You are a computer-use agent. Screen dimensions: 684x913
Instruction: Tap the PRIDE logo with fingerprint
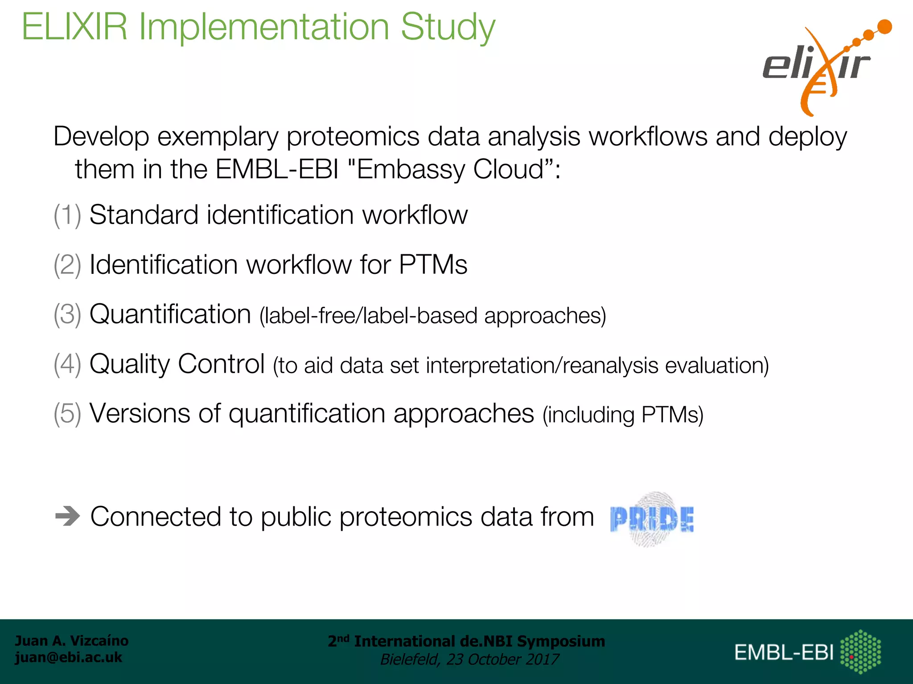click(652, 519)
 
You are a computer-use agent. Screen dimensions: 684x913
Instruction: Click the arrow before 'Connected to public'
click(67, 517)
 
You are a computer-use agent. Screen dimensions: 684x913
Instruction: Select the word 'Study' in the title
click(448, 28)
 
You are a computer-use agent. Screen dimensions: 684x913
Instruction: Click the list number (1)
click(67, 215)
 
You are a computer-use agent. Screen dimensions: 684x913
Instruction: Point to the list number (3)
click(67, 314)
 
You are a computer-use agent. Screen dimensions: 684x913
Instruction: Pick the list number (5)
click(67, 414)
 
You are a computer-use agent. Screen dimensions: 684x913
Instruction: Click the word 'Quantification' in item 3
click(170, 314)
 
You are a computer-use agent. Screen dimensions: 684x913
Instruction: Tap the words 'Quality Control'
click(177, 364)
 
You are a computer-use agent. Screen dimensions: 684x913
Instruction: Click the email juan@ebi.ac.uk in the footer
click(68, 657)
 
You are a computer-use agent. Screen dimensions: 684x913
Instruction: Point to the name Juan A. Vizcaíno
click(71, 641)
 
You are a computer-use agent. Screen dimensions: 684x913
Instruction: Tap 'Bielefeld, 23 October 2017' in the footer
click(469, 660)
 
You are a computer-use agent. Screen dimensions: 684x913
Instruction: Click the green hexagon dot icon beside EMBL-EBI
click(860, 651)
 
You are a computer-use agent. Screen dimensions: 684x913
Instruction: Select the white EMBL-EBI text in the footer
click(784, 653)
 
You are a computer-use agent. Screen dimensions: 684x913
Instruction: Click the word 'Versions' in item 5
click(140, 414)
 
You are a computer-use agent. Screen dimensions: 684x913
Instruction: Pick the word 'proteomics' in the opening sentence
click(353, 137)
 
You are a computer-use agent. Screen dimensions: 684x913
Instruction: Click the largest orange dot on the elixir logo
click(884, 27)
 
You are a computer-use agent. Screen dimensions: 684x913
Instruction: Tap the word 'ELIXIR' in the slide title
click(74, 28)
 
